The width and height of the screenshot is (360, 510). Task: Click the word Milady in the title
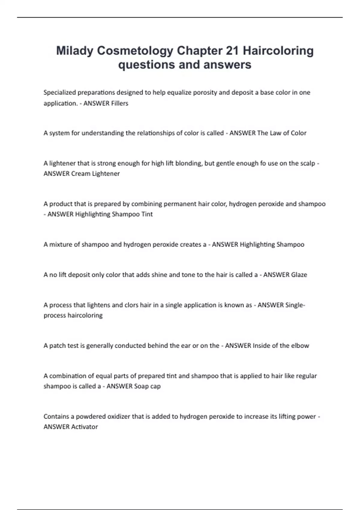(75, 51)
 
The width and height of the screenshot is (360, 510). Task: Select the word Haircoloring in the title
(278, 51)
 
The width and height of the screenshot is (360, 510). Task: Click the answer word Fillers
(120, 103)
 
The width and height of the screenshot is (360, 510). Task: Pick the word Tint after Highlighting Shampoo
(147, 214)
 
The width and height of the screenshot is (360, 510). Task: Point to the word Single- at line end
(295, 305)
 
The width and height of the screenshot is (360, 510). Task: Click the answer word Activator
(84, 427)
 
